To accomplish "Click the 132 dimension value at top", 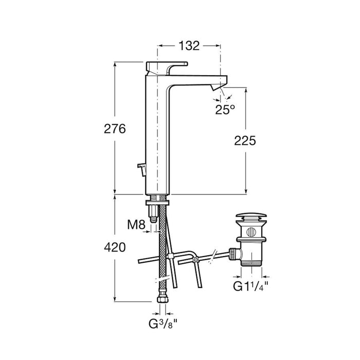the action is click(189, 46).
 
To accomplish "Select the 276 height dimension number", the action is click(115, 129).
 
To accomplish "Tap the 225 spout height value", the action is click(245, 141).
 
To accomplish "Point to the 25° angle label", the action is click(225, 110).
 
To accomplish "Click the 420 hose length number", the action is click(115, 247).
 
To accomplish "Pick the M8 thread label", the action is click(136, 225).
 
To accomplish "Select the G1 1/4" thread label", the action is click(251, 286).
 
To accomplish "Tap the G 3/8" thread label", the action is click(163, 323).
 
